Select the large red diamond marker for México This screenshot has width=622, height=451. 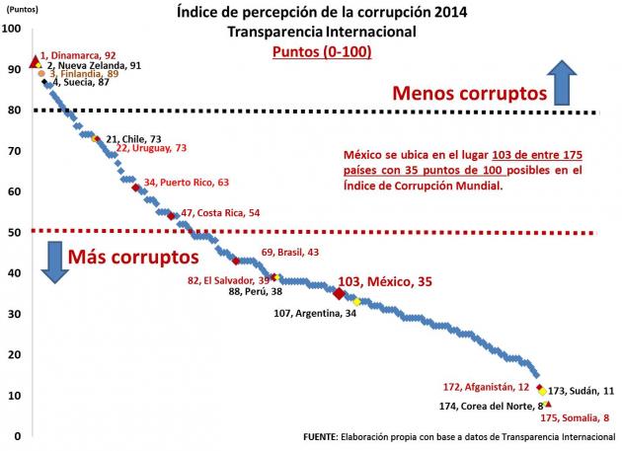[340, 293]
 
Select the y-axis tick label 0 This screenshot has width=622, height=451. [14, 436]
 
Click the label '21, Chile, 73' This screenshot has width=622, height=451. [140, 139]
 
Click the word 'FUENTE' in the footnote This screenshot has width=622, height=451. [325, 436]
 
